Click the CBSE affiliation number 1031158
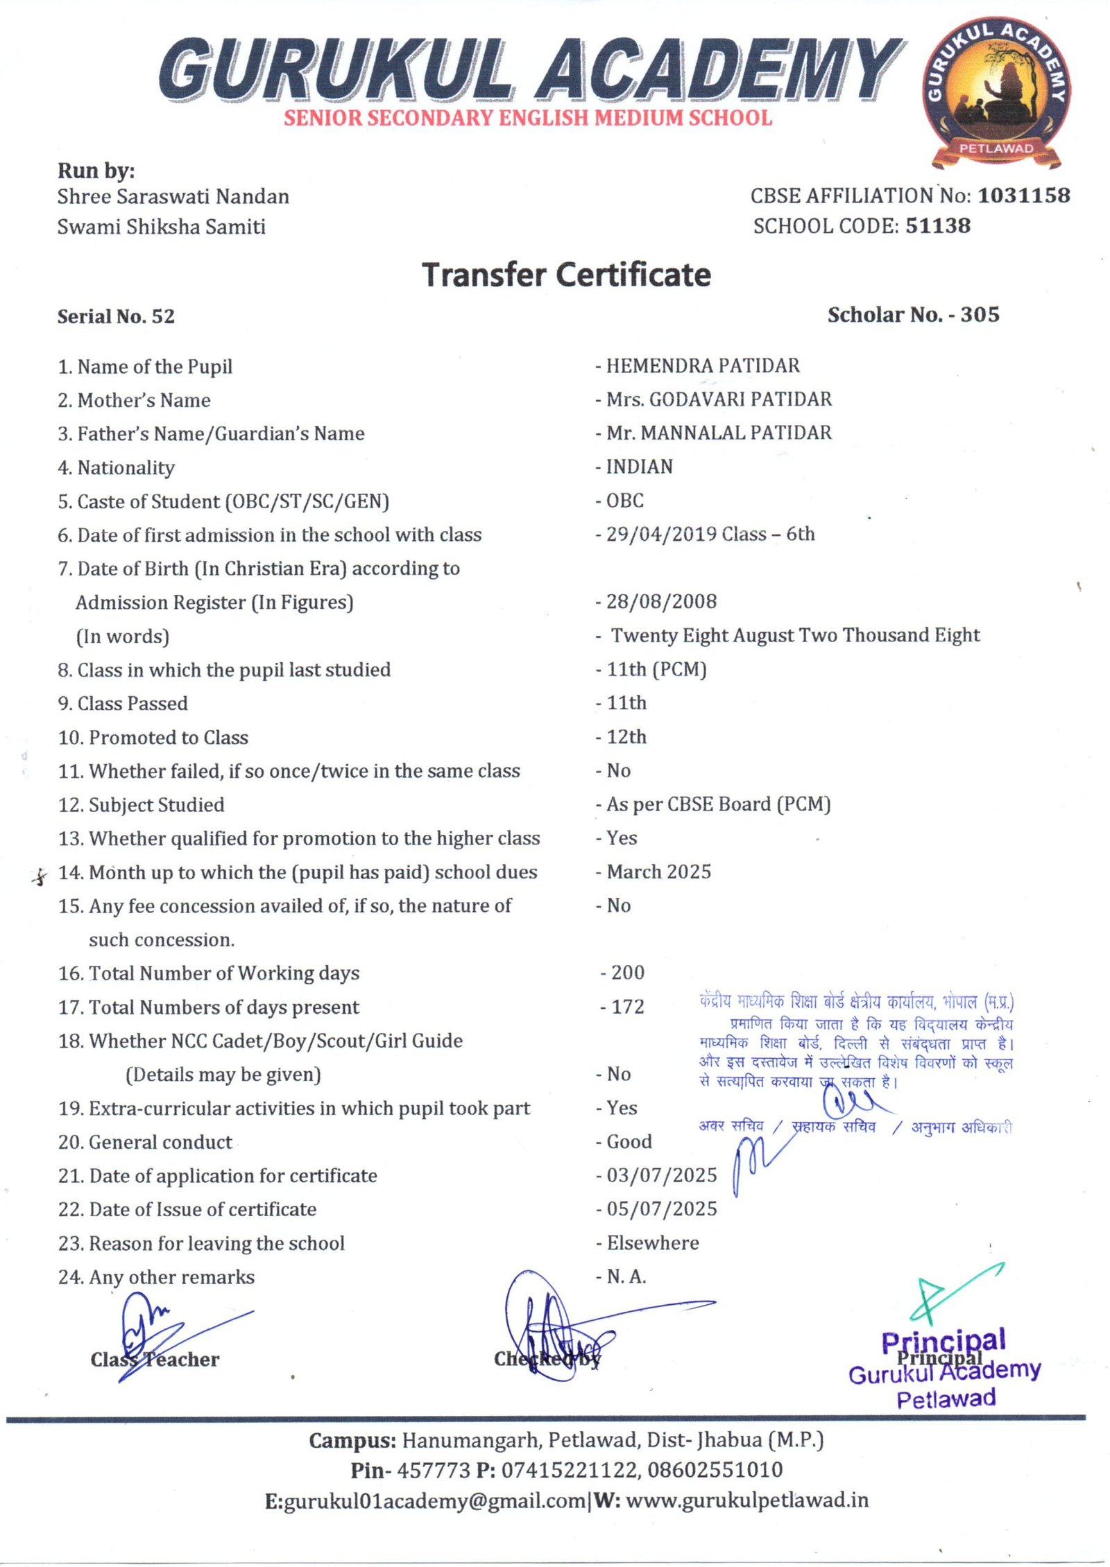1023,196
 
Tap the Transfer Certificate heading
566,275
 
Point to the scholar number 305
980,315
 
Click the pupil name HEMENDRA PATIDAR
702,365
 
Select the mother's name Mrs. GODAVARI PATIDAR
719,399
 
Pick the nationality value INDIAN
639,467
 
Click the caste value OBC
625,501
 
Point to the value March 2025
658,872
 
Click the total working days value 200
627,973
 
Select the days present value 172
627,1007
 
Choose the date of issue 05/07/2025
661,1209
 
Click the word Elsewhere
653,1243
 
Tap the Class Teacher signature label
155,1360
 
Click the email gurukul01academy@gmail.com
435,1502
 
